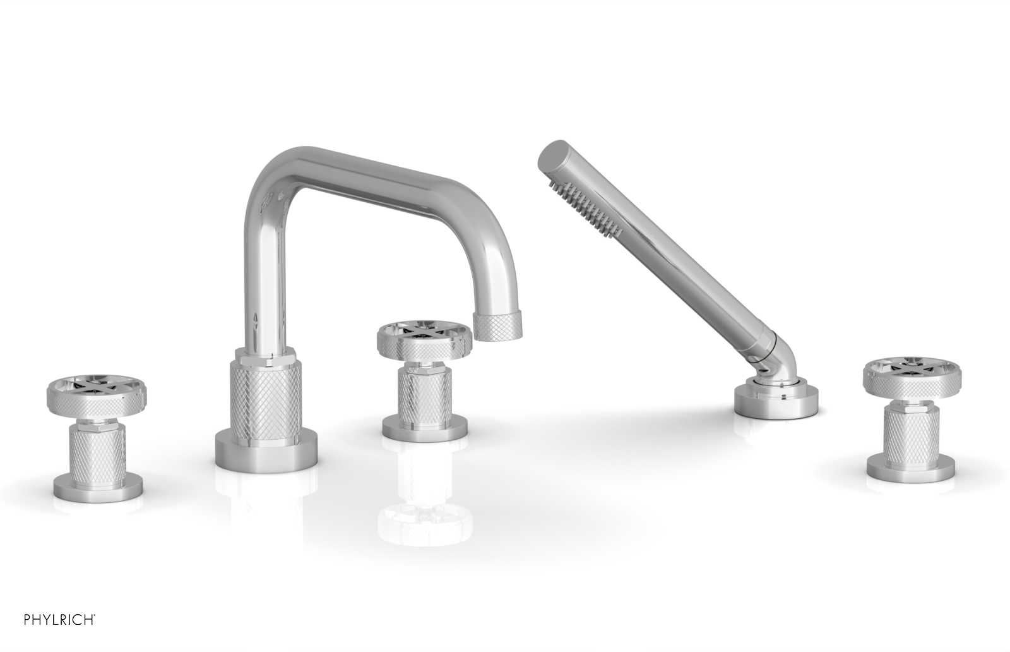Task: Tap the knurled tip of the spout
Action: point(501,328)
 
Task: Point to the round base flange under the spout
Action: point(264,449)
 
